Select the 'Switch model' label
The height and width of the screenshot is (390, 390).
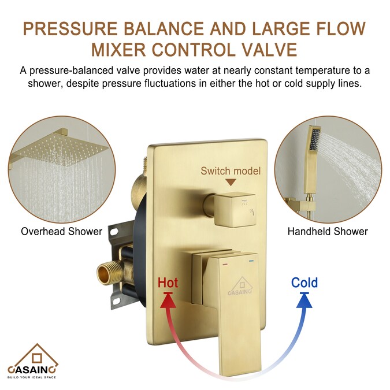[x=231, y=170]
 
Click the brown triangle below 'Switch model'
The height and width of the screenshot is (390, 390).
[x=231, y=183]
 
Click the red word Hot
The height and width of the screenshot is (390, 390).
[x=168, y=283]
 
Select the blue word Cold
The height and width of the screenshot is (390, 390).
[x=304, y=283]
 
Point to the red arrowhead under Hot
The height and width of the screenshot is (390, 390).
[x=169, y=301]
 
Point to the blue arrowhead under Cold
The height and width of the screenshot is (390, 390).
[x=304, y=301]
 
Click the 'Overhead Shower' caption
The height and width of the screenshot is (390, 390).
[x=61, y=232]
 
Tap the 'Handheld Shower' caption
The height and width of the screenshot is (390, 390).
[x=328, y=232]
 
